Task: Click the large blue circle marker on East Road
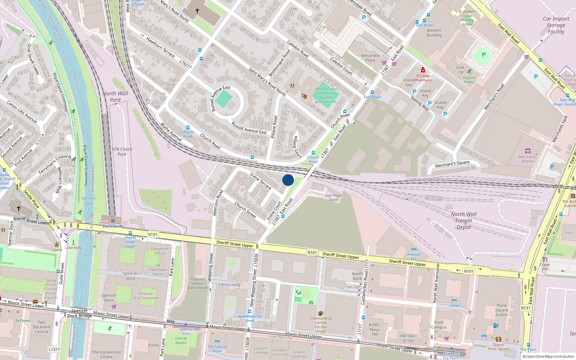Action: (x=288, y=180)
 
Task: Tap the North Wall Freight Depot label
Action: (x=464, y=221)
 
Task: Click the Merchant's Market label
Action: (x=527, y=159)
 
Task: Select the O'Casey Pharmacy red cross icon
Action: (x=423, y=70)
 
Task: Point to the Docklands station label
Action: (x=113, y=226)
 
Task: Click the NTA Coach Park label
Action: (x=122, y=152)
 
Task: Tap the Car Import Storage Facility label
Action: (x=556, y=25)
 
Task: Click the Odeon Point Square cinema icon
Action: (x=498, y=339)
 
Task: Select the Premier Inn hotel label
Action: (x=414, y=257)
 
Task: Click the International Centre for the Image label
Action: (x=320, y=325)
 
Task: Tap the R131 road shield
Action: (x=526, y=308)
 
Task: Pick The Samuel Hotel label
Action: (x=217, y=348)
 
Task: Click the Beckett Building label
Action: (x=434, y=33)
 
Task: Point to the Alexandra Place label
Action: (x=370, y=58)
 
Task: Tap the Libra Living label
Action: (x=229, y=284)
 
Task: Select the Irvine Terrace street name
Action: (x=261, y=181)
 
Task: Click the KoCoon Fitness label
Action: (x=469, y=80)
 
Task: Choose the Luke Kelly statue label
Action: (x=73, y=248)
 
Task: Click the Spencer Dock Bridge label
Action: (x=80, y=313)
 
